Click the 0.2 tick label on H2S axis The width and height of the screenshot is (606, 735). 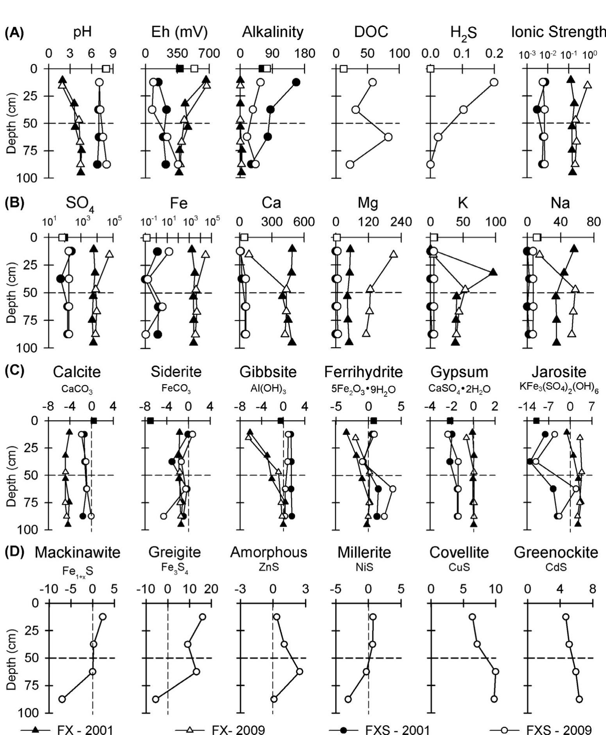pos(494,54)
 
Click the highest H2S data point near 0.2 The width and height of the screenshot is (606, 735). pos(494,82)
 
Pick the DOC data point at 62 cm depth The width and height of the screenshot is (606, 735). pos(388,137)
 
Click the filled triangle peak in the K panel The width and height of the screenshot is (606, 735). pos(493,272)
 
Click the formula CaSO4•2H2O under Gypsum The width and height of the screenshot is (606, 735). pos(459,389)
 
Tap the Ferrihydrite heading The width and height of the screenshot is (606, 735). pos(363,372)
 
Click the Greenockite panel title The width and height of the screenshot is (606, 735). pos(556,552)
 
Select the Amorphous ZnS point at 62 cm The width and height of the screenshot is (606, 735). pos(299,672)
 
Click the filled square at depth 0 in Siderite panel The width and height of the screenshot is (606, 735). pos(151,421)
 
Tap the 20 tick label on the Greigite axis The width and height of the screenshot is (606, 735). pos(212,589)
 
